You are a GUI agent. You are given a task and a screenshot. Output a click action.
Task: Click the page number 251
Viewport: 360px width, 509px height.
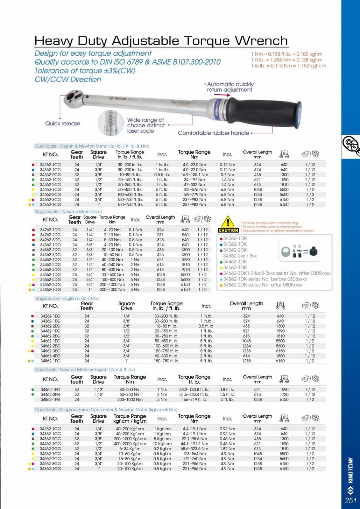click(350, 500)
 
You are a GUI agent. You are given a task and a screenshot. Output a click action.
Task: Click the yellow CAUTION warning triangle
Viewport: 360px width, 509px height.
click(228, 222)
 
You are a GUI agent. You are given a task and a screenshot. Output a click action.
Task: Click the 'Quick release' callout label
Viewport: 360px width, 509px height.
click(62, 124)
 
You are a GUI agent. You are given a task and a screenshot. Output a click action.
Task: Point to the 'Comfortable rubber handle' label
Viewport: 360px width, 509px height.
click(213, 133)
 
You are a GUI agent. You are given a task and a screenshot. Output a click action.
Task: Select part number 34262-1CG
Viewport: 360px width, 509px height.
click(50, 165)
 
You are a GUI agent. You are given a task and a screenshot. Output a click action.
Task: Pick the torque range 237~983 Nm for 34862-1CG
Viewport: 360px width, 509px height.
click(194, 205)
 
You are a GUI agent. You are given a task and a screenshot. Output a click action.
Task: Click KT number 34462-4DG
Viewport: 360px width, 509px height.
click(50, 270)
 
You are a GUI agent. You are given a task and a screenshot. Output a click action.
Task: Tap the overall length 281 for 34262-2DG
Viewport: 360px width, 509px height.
click(160, 235)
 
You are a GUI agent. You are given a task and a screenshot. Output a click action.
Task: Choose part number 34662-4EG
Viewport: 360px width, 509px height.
click(50, 356)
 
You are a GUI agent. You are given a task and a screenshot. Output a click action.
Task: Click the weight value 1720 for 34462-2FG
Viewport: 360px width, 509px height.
click(284, 394)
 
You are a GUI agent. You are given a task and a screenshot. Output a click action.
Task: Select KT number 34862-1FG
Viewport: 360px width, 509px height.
click(50, 399)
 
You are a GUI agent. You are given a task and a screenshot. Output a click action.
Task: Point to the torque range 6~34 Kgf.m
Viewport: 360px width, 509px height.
click(130, 449)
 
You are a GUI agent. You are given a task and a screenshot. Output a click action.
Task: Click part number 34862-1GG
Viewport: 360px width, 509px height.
click(50, 469)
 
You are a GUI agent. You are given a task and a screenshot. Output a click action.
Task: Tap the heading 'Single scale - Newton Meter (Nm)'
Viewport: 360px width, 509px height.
click(68, 212)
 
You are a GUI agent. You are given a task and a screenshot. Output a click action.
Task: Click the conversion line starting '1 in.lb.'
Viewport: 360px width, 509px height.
click(288, 66)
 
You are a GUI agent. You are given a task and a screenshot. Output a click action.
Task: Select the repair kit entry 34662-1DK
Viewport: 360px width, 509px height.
click(235, 267)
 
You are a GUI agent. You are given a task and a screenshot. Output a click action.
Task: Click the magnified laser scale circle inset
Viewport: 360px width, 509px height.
click(110, 123)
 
